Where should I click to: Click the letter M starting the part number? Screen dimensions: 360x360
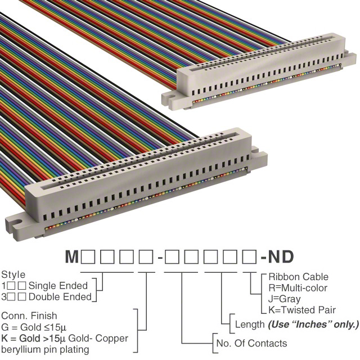72,256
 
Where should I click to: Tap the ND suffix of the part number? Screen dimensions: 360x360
281,256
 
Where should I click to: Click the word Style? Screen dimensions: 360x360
13,275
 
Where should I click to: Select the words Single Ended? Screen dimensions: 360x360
58,286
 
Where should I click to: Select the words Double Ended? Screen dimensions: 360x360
60,297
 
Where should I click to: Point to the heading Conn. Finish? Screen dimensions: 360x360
29,316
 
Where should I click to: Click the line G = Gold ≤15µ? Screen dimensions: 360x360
34,327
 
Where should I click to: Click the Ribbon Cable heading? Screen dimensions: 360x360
298,277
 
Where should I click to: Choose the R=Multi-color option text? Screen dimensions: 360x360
298,288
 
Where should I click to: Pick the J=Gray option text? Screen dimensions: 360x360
284,299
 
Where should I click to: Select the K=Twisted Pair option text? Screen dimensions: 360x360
302,310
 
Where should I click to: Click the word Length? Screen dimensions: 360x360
250,325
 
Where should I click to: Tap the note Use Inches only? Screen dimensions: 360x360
313,325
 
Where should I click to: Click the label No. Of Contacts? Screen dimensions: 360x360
251,343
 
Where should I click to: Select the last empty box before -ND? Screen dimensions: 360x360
249,257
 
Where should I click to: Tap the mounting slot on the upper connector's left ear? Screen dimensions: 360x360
170,96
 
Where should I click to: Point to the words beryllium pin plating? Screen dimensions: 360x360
45,349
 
